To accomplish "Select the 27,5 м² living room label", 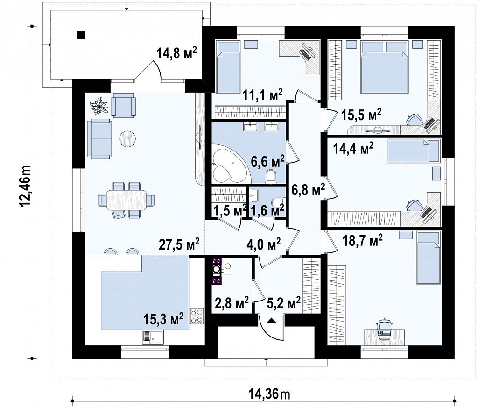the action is pyautogui.click(x=179, y=244).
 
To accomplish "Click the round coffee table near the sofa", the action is pyautogui.click(x=127, y=139).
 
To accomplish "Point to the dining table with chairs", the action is pyautogui.click(x=126, y=200).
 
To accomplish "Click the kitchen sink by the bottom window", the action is pyautogui.click(x=153, y=337).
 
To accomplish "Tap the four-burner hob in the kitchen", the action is pyautogui.click(x=197, y=316).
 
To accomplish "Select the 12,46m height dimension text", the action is pyautogui.click(x=25, y=187).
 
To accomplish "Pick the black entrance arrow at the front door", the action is pyautogui.click(x=272, y=320).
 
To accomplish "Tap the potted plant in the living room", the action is pyautogui.click(x=99, y=106).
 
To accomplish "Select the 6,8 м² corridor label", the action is pyautogui.click(x=308, y=189).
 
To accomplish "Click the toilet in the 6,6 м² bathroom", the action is pyautogui.click(x=271, y=177).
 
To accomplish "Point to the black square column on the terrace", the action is pyautogui.click(x=81, y=36).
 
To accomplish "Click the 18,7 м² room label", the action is pyautogui.click(x=362, y=240).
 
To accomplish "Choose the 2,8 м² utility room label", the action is pyautogui.click(x=232, y=302).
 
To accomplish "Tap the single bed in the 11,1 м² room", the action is pyautogui.click(x=228, y=67).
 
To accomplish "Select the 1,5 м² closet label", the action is pyautogui.click(x=230, y=210).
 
